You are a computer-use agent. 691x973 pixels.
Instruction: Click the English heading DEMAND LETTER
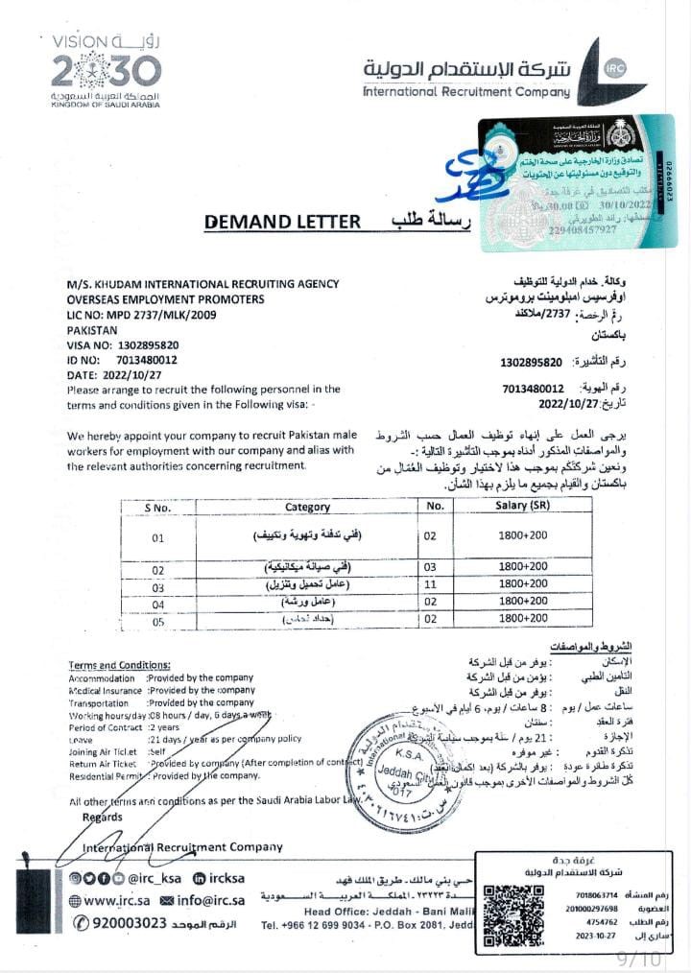click(282, 222)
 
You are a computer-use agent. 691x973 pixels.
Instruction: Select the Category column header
click(308, 507)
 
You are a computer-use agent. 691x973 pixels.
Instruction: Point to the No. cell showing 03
click(435, 568)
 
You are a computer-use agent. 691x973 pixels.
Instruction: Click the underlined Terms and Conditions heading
click(120, 665)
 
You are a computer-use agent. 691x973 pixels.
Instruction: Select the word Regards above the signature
click(103, 818)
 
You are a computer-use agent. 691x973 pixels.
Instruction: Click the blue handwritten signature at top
click(467, 173)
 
